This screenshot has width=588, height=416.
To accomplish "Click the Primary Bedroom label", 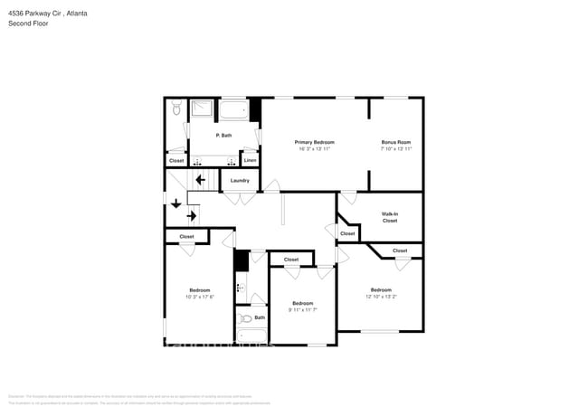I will [315, 142].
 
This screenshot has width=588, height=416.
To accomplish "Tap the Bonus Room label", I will [396, 142].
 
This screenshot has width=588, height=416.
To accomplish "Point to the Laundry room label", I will [240, 180].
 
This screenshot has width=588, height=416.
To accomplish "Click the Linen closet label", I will [250, 161].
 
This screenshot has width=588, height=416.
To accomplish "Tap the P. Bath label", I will [223, 135].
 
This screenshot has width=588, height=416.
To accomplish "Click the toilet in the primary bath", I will [177, 109].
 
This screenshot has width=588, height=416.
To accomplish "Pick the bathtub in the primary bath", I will [233, 110].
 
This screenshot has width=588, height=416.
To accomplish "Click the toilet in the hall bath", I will [246, 318].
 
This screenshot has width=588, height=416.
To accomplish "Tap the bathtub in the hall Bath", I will [251, 337].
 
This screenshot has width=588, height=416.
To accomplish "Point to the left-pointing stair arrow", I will [200, 180].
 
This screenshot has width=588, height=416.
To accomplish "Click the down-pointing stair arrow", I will [175, 203].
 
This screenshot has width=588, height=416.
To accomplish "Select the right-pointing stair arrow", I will [193, 216].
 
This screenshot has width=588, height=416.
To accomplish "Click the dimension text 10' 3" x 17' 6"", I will [200, 297].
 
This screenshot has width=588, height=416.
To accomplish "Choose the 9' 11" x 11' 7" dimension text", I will [302, 309].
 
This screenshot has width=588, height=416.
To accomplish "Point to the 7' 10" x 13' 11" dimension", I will [396, 148].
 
